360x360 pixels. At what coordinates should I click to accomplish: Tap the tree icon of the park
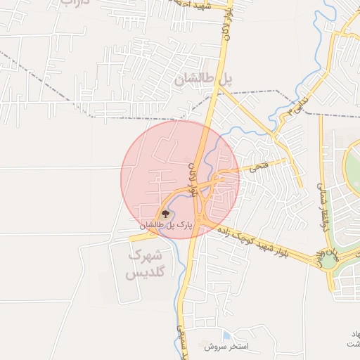pyautogui.click(x=166, y=214)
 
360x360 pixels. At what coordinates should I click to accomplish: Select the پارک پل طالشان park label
pyautogui.click(x=166, y=225)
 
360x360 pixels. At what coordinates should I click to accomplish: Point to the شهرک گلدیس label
pyautogui.click(x=147, y=264)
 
